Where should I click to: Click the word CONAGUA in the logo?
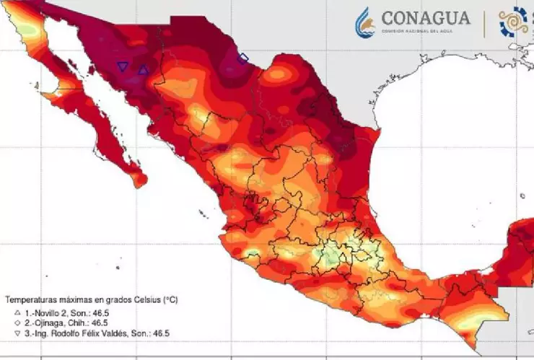pyautogui.click(x=425, y=18)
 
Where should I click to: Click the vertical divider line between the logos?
pyautogui.click(x=484, y=22)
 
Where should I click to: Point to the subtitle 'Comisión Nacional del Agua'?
pyautogui.click(x=425, y=32)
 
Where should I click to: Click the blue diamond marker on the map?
pyautogui.click(x=243, y=58)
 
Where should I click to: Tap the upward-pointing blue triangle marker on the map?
pyautogui.click(x=143, y=70)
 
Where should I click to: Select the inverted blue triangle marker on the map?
pyautogui.click(x=122, y=67)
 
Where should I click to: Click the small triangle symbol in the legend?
pyautogui.click(x=17, y=313)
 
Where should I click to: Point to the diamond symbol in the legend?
pyautogui.click(x=17, y=323)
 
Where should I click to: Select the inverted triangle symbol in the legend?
pyautogui.click(x=17, y=333)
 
